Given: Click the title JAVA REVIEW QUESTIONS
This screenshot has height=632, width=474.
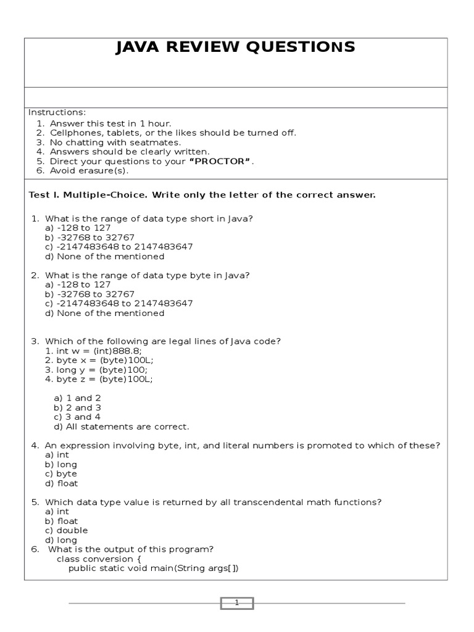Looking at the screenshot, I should tap(235, 48).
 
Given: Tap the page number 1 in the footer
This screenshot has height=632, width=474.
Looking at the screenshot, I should tap(236, 603).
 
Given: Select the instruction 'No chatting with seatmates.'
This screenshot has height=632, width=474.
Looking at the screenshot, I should tap(115, 142).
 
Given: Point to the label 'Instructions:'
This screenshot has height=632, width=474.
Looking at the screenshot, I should tap(57, 112).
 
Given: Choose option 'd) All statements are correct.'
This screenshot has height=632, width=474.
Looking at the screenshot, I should tap(122, 426).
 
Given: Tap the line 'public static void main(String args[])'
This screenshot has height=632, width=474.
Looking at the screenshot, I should tap(153, 568).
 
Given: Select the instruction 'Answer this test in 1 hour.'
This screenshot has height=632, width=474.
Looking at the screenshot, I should tap(110, 123).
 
